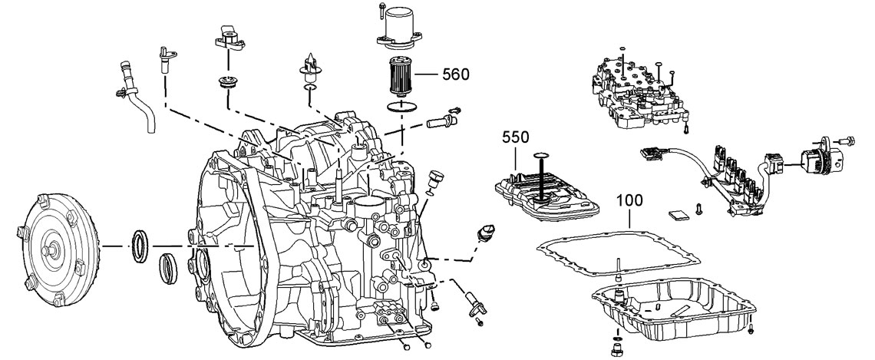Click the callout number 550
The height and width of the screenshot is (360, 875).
(516, 138)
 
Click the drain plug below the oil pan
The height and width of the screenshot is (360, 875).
(616, 349)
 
